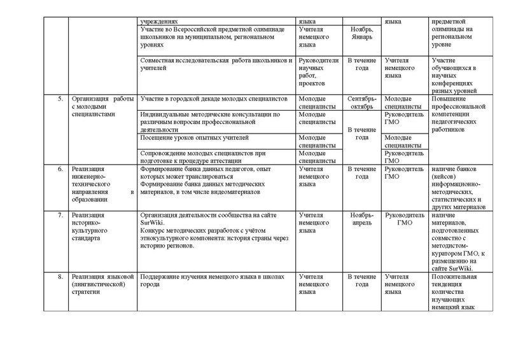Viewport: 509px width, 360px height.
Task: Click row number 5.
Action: click(59, 99)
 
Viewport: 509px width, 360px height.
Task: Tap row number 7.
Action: click(59, 215)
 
